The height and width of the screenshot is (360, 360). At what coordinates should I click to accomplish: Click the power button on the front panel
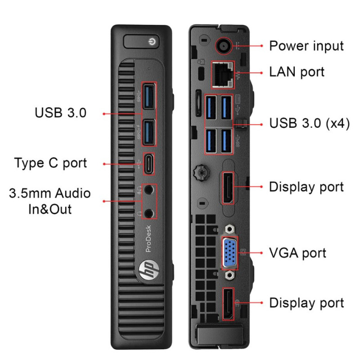tap(141, 41)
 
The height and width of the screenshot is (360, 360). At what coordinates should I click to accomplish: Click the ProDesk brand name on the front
tap(148, 238)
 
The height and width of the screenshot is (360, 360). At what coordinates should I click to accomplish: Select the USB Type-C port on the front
tap(149, 164)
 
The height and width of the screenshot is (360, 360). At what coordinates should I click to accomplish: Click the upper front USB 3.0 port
tap(149, 97)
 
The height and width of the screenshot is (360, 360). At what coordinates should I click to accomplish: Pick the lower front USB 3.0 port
tap(149, 132)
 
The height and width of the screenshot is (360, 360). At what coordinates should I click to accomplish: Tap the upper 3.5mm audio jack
tap(149, 189)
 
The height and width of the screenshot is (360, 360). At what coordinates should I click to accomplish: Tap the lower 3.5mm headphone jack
tap(149, 213)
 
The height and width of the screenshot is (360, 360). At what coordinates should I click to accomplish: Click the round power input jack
tap(223, 46)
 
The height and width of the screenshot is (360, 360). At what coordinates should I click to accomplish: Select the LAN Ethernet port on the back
tap(223, 75)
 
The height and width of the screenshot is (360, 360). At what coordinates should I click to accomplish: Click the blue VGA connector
tap(230, 252)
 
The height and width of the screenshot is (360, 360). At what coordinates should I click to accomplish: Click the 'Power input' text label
tap(306, 46)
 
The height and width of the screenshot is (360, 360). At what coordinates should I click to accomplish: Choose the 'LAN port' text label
tap(297, 72)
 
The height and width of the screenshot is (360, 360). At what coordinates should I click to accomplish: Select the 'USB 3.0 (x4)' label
tap(310, 123)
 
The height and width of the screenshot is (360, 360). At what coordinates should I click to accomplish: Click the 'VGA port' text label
tap(297, 253)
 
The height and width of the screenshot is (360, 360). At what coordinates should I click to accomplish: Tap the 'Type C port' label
tap(50, 163)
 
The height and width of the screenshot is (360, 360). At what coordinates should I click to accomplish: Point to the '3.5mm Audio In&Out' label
tap(50, 201)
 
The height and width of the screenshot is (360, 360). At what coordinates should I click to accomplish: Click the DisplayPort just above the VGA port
tap(228, 188)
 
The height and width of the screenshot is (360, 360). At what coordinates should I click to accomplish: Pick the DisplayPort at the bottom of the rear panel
tap(228, 304)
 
